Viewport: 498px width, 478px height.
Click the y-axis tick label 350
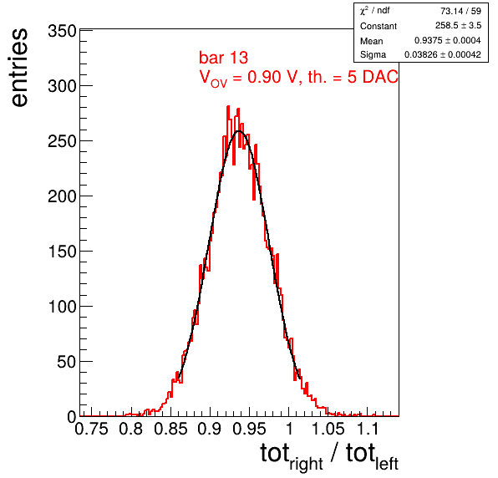point(62,31)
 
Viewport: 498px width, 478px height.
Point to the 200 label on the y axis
point(62,196)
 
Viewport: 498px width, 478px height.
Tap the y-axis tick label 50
point(67,362)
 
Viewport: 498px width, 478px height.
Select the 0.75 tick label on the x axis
point(91,429)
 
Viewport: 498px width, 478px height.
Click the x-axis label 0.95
point(249,429)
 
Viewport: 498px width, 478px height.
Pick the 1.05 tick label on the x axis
point(328,429)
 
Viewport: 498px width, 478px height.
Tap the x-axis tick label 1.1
point(368,429)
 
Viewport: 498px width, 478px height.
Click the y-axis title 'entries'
point(20,68)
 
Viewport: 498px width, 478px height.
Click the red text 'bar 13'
point(223,58)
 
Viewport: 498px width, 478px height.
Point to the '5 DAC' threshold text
point(372,77)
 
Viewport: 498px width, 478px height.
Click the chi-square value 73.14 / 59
point(460,11)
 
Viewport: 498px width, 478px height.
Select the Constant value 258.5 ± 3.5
point(458,25)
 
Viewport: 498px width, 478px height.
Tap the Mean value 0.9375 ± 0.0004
point(448,40)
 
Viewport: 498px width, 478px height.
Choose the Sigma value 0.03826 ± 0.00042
point(442,54)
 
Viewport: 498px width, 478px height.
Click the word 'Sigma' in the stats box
point(373,55)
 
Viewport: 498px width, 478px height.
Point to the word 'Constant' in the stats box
point(379,26)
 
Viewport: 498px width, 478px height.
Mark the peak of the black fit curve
point(238,131)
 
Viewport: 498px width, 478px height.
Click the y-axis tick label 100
point(62,307)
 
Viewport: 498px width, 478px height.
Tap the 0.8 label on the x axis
point(131,429)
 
